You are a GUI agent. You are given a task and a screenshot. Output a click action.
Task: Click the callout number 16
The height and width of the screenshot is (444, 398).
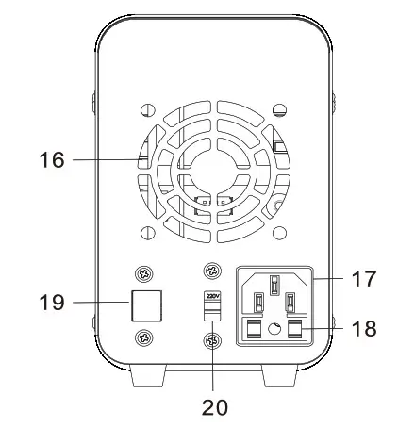pos(52,159)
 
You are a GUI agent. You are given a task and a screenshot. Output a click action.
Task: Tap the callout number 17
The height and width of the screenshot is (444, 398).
pos(364,278)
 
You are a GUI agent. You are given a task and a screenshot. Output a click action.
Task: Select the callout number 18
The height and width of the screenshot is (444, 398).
pos(364,328)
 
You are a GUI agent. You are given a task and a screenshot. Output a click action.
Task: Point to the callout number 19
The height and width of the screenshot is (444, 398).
pos(52,303)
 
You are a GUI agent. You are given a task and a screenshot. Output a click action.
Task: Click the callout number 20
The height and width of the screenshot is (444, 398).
pos(215,407)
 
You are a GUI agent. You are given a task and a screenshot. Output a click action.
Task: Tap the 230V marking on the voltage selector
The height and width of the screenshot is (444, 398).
pos(212,296)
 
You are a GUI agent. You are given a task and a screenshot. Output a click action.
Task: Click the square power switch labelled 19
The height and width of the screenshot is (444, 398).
pos(146,305)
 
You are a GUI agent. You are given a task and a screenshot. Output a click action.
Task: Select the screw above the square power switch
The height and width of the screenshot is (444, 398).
pos(144,274)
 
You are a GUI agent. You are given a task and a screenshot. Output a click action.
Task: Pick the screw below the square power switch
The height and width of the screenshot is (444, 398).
pos(144,337)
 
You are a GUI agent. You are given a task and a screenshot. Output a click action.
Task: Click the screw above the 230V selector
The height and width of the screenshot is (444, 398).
pos(213,271)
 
